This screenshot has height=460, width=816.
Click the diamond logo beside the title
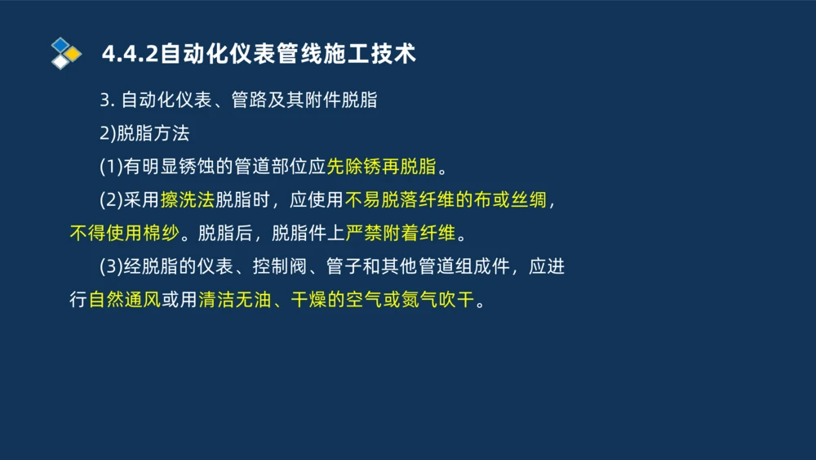coord(66,53)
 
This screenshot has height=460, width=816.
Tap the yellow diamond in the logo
coord(73,53)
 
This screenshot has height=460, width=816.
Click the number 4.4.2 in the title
coord(130,54)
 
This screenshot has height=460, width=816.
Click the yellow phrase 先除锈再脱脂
coord(381,167)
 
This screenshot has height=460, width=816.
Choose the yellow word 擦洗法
coord(187,200)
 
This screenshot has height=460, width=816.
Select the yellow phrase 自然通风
coord(124,300)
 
